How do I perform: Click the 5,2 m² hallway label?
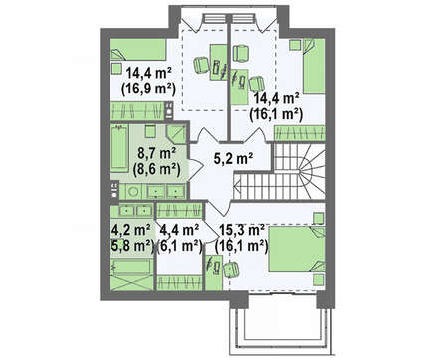pos(234,159)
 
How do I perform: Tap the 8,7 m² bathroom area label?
pos(156,154)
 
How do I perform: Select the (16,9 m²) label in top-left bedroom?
pos(148,89)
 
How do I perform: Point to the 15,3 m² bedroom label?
pos(242,230)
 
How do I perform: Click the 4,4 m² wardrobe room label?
pos(179,230)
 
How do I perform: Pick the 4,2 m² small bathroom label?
pos(131,230)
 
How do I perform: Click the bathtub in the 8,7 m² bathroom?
pos(119,147)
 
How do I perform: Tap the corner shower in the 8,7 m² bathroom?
pos(176,134)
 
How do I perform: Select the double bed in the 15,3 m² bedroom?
pos(297,249)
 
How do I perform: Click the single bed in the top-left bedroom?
pos(138,50)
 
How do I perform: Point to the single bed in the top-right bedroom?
pos(314,67)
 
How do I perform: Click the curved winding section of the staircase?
pos(312,171)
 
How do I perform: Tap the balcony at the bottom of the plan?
pos(282,325)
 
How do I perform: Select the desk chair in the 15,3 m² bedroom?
pos(231,269)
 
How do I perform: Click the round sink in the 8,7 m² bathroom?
pos(133,192)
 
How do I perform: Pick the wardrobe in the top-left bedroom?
pos(137,111)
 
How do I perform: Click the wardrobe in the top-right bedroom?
pos(299,133)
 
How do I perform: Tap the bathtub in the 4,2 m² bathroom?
pos(131,268)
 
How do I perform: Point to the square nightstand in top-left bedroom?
pos(116,68)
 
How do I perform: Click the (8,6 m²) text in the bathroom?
pos(156,169)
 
